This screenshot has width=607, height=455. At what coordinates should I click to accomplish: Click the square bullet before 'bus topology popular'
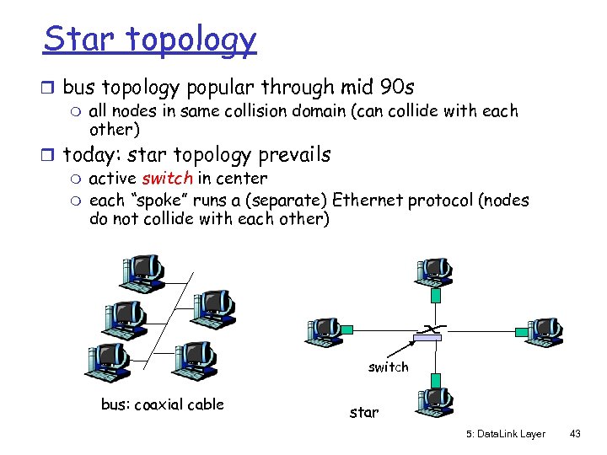click(51, 88)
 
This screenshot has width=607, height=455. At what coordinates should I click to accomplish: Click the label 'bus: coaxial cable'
click(162, 404)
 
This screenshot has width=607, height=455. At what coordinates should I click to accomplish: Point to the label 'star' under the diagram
click(364, 413)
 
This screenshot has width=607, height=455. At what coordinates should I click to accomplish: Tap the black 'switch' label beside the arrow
click(388, 367)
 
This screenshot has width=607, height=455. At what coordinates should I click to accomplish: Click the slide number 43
click(576, 434)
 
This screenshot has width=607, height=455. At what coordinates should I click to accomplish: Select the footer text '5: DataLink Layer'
click(505, 434)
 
